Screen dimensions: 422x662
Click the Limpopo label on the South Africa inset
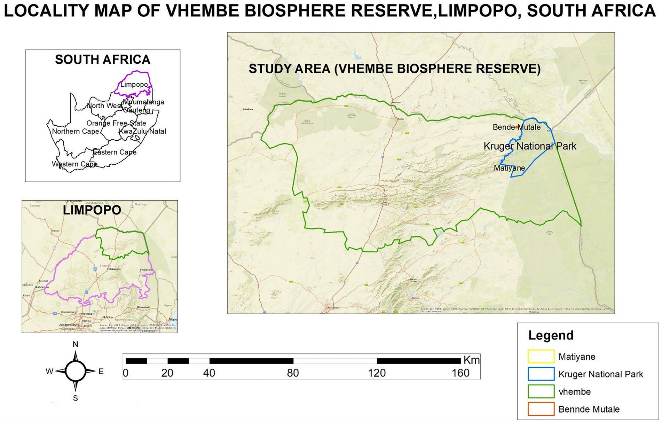[x=134, y=85]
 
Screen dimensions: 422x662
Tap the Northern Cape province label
[x=76, y=131]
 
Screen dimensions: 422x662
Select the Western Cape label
[x=74, y=164]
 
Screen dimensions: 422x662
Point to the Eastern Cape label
[x=115, y=152]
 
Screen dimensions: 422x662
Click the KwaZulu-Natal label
[x=143, y=131]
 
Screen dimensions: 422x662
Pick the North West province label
[x=104, y=105]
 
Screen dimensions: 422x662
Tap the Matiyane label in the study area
[x=509, y=168]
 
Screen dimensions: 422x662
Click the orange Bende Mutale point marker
[x=517, y=127]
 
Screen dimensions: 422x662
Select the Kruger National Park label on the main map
[x=530, y=146]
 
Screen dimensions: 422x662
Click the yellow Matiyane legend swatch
[x=541, y=357]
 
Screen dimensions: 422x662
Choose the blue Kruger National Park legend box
[x=541, y=374]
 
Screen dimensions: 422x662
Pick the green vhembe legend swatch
[x=541, y=391]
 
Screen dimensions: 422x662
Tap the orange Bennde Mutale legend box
[x=541, y=409]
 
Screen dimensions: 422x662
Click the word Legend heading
[x=551, y=335]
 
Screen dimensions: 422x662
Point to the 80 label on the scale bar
[x=293, y=373]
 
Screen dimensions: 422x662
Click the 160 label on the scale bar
[x=460, y=373]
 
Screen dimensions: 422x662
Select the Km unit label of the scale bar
[x=471, y=360]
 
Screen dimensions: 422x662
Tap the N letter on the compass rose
[x=76, y=344]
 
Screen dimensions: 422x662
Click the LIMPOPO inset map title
[x=92, y=210]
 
